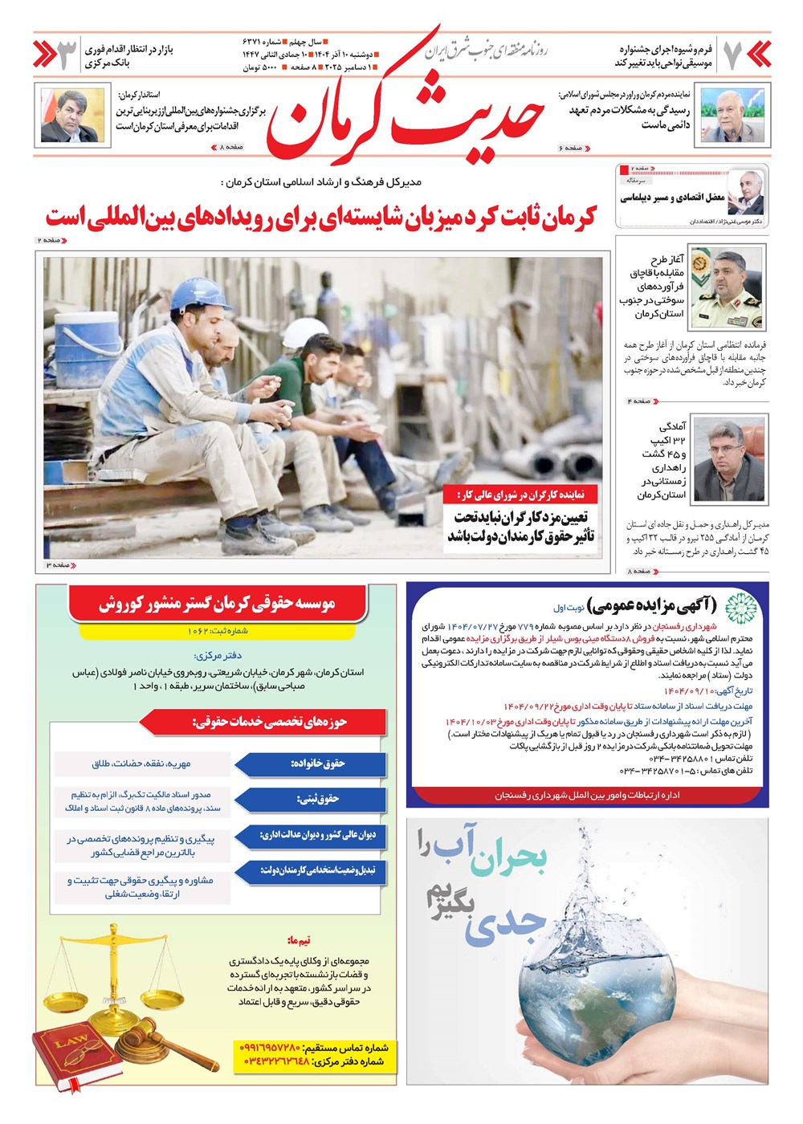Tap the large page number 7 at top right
(732, 55)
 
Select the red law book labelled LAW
(74, 1053)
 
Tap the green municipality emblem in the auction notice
(740, 608)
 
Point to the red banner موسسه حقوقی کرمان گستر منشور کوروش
(217, 603)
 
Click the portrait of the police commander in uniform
(727, 287)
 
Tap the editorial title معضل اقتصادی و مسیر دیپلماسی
(672, 197)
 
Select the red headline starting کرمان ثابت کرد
(321, 217)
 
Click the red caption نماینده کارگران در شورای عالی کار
(520, 495)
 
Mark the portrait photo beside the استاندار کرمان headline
(73, 116)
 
